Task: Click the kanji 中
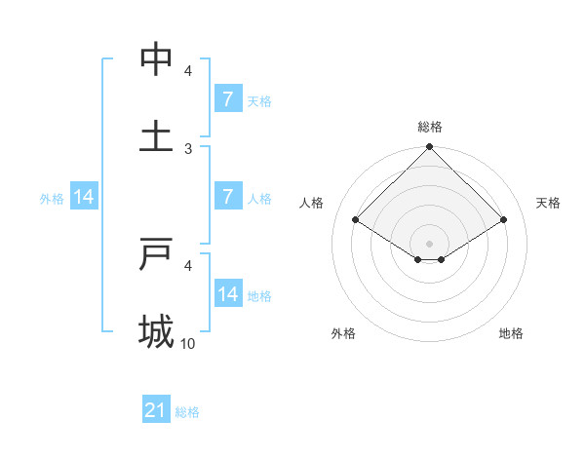(x=156, y=59)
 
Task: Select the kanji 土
(x=156, y=137)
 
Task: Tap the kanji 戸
(x=156, y=254)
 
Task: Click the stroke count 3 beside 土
(x=188, y=149)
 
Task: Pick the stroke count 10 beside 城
(x=188, y=344)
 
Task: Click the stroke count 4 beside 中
(x=188, y=71)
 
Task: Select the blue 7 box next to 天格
(x=227, y=99)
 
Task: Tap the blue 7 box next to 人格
(x=227, y=197)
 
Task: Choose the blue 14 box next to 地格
(x=227, y=294)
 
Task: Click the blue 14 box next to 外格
(x=84, y=197)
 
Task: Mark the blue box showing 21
(x=155, y=411)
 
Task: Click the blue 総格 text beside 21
(x=187, y=412)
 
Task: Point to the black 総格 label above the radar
(x=429, y=127)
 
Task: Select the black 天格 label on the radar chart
(x=548, y=203)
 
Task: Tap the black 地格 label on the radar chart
(x=511, y=333)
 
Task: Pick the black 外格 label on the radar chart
(x=343, y=333)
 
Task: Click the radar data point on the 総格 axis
(x=429, y=148)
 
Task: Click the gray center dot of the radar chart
(x=429, y=243)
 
